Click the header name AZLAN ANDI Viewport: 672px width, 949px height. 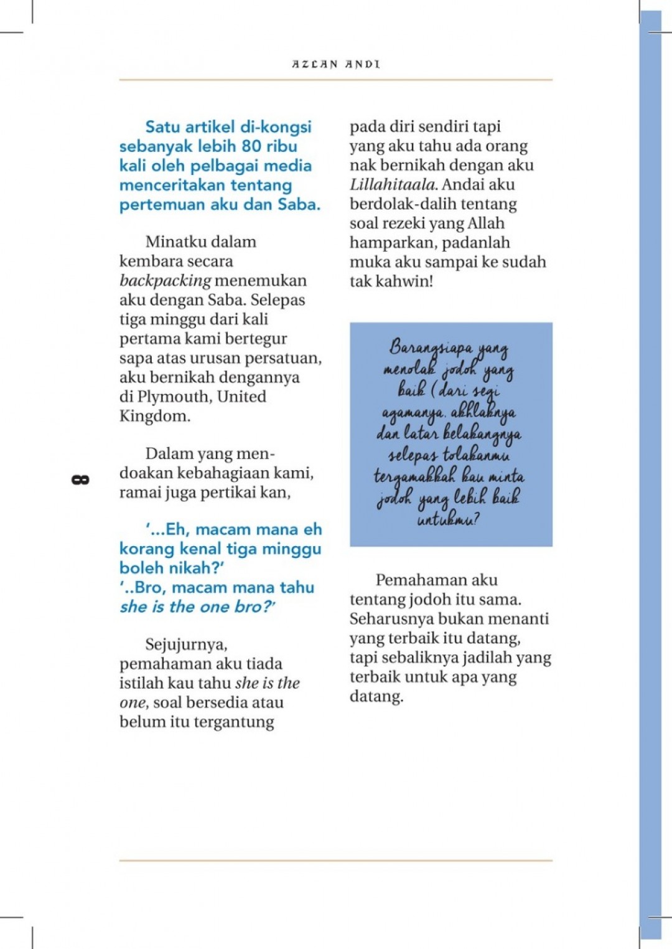tap(336, 64)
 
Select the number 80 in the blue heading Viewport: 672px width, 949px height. tap(251, 146)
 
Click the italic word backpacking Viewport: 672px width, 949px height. tap(165, 281)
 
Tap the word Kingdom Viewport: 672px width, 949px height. tap(155, 416)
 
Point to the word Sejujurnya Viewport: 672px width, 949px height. tap(186, 644)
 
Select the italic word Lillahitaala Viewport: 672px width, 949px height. tap(393, 185)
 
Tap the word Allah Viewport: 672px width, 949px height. tap(485, 224)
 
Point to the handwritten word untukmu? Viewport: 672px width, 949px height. tap(448, 519)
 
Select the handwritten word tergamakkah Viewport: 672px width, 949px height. tap(414, 477)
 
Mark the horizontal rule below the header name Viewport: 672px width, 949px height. tap(336, 80)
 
